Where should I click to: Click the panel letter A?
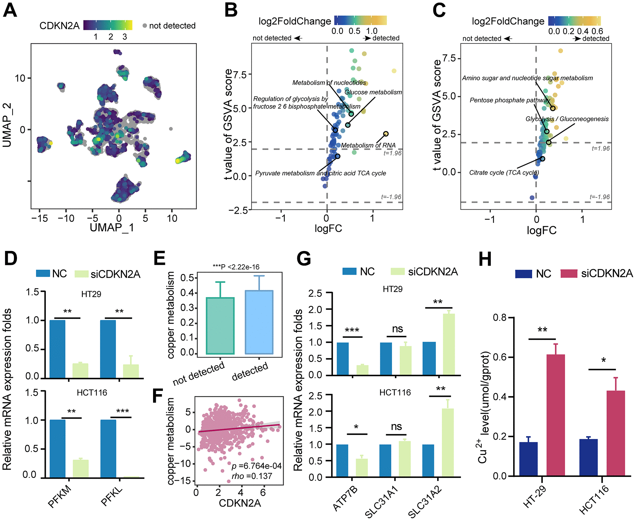click(10, 10)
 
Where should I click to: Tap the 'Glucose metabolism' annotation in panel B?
click(373, 92)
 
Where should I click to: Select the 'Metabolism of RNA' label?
click(368, 146)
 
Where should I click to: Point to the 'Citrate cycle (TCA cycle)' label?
click(504, 173)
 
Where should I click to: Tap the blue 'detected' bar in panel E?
click(259, 322)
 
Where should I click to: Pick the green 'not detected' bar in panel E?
click(220, 326)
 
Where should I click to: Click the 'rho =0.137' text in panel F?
click(252, 476)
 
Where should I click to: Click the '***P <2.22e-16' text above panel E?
click(236, 267)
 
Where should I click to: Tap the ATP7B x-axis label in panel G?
click(345, 498)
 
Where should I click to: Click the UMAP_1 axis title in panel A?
click(112, 228)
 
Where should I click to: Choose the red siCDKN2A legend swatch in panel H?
click(569, 274)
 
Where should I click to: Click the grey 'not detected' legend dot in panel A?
click(145, 26)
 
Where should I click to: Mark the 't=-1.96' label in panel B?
click(391, 197)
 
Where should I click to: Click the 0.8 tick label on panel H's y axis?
click(499, 317)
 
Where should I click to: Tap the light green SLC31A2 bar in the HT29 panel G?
click(449, 344)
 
